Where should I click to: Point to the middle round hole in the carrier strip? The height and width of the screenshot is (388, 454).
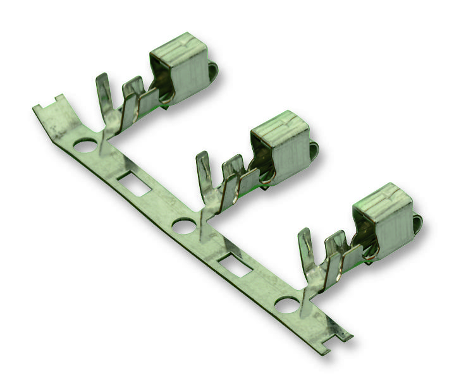tap(184, 225)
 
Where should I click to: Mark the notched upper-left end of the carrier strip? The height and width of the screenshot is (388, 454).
tap(49, 107)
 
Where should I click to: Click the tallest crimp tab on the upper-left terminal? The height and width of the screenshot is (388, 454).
tap(103, 95)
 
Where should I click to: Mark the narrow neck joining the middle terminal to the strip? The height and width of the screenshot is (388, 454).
tap(201, 212)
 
